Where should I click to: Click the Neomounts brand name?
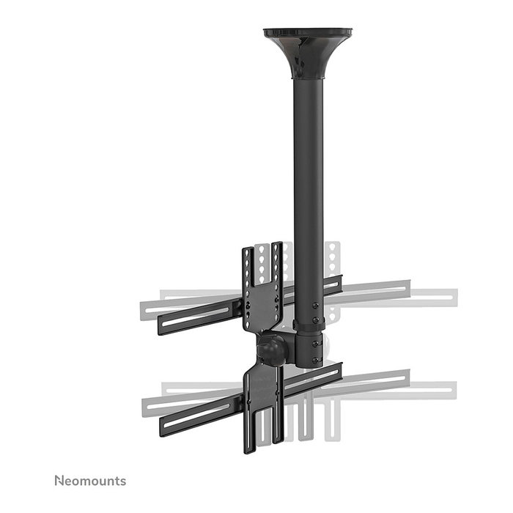89,481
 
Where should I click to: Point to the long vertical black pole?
308,183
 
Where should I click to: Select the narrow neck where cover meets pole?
308,76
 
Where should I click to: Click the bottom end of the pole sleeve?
308,366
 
